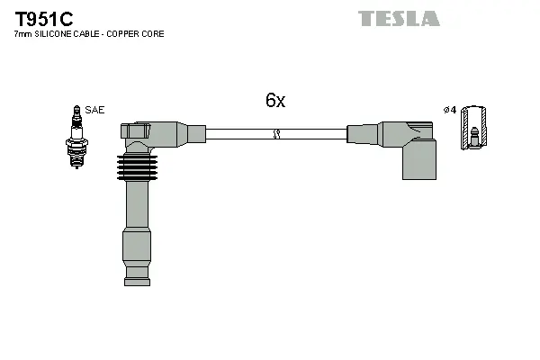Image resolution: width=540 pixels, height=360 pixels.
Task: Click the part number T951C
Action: [x=43, y=17]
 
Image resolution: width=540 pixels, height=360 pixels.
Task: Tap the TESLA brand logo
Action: [x=399, y=18]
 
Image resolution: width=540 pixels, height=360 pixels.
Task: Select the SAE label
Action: [x=95, y=110]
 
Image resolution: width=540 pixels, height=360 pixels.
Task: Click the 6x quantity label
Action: [x=275, y=101]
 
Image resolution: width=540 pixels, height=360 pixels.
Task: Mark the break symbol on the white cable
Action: [x=276, y=135]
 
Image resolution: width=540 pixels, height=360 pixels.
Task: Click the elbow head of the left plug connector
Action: [x=139, y=133]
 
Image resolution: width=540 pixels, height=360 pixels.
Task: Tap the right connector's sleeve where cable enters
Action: [x=360, y=134]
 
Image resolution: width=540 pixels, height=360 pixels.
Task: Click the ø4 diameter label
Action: [x=450, y=110]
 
